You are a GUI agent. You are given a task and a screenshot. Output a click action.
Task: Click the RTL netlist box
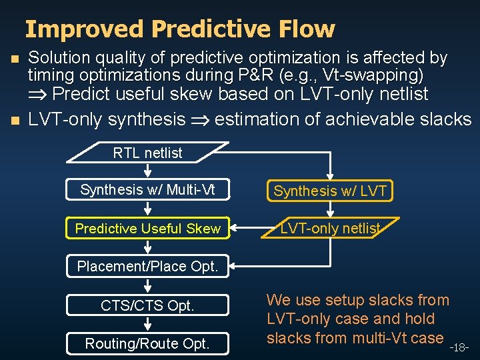pos(147,153)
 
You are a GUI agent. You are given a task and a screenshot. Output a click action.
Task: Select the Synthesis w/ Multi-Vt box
pos(147,190)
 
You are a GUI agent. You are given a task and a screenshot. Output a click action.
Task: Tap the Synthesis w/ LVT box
pos(330,191)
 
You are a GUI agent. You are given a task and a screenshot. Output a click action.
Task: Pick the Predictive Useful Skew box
pos(147,229)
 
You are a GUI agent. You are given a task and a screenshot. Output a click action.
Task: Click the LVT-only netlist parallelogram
pos(330,229)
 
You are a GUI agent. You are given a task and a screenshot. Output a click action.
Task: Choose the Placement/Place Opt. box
pos(147,266)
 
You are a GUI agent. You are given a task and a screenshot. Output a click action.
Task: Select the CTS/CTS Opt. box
pos(147,306)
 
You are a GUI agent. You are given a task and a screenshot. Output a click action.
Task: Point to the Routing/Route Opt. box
pos(147,343)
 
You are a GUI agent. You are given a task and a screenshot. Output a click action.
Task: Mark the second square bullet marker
pos(8,121)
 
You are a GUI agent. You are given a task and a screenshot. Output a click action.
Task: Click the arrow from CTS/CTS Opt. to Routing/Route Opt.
pos(147,325)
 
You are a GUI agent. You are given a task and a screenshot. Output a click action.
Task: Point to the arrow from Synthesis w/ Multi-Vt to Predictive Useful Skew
pos(147,209)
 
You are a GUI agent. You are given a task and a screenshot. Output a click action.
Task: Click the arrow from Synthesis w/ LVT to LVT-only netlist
pos(330,210)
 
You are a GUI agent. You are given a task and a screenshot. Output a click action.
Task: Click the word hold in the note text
pos(416,319)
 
